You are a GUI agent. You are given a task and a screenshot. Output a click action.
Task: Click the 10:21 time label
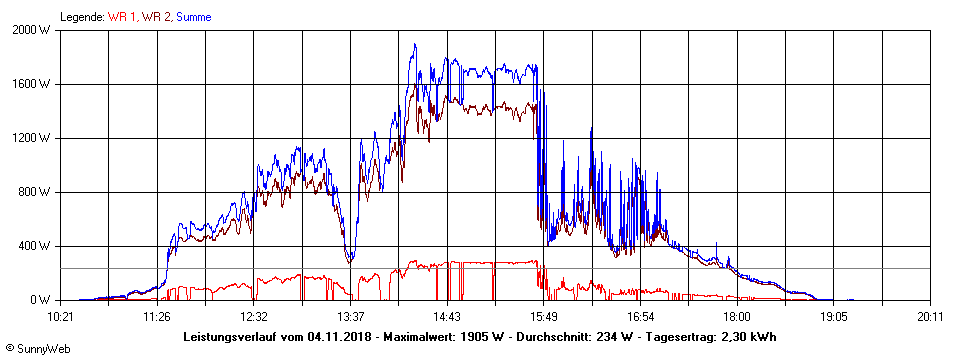[61, 317]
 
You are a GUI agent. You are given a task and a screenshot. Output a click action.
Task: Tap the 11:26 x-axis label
[157, 317]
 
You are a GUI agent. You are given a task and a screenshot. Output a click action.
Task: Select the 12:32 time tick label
[254, 317]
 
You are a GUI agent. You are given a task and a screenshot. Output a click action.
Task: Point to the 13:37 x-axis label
[350, 317]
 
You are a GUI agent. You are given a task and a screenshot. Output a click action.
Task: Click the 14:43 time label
[447, 317]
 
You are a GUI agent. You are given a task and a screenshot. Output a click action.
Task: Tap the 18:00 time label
[737, 317]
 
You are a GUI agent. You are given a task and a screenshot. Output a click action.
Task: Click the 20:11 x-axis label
[930, 317]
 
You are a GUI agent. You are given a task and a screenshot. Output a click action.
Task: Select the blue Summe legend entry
[194, 17]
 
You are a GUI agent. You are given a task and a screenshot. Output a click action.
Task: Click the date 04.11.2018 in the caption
[341, 336]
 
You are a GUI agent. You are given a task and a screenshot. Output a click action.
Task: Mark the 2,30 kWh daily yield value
[749, 336]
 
